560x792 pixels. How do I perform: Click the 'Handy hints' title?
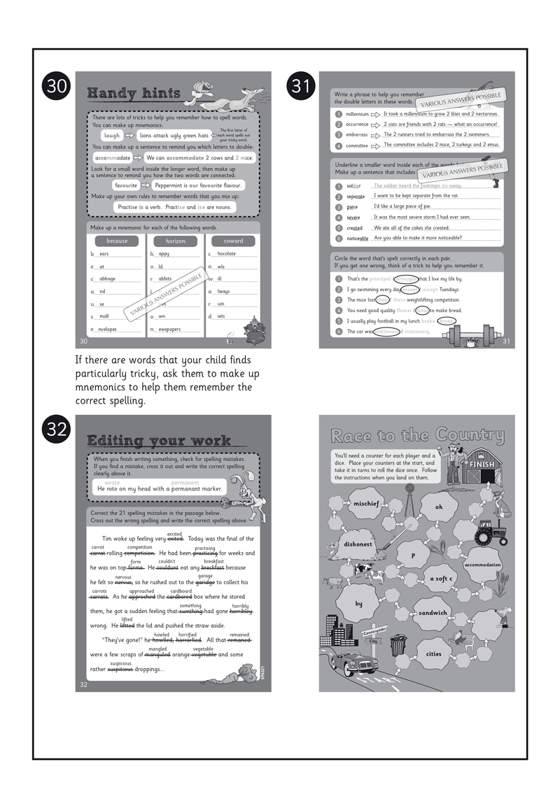pos(134,94)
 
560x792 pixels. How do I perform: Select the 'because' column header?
pos(116,241)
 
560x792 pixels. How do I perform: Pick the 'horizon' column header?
pos(175,241)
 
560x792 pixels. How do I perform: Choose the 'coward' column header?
pos(234,241)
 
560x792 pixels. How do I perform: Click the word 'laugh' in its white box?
pos(112,136)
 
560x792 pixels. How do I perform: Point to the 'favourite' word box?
pos(126,186)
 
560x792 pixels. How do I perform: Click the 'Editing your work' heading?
pos(158,441)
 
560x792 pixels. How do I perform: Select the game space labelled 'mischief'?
pos(365,504)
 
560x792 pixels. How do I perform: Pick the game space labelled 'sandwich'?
pos(433,613)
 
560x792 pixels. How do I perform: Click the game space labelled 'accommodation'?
pos(483,565)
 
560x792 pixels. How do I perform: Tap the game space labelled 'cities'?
pos(433,654)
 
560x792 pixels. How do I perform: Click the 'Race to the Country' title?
pos(417,437)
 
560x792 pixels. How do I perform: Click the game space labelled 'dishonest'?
pos(358,544)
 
